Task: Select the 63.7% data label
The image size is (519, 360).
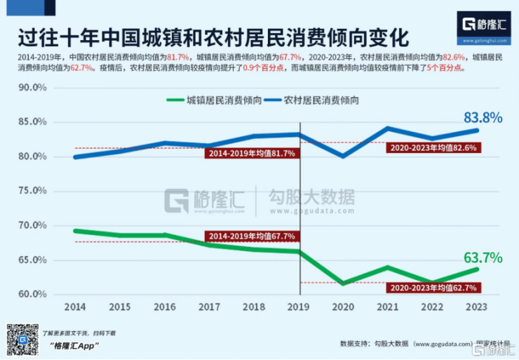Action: (483, 257)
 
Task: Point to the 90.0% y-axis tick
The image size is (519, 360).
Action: (32, 88)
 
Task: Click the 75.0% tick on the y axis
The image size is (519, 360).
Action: (32, 191)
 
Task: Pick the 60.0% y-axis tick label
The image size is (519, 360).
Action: (32, 294)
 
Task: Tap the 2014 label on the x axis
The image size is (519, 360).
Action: (75, 307)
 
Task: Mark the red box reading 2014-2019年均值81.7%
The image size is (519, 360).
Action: (250, 153)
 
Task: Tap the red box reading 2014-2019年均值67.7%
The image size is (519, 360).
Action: (250, 236)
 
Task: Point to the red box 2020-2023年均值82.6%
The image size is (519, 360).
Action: (433, 147)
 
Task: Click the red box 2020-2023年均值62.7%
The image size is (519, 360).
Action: (433, 287)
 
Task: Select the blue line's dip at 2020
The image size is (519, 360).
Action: (344, 156)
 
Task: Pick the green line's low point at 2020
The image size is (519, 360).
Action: (344, 284)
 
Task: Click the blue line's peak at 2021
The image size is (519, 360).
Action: (388, 128)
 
